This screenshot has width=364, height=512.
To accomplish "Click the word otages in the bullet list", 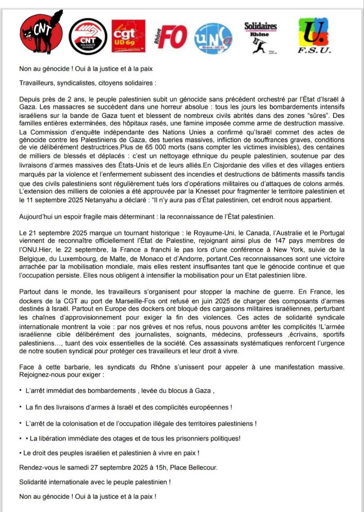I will coord(119,438).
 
